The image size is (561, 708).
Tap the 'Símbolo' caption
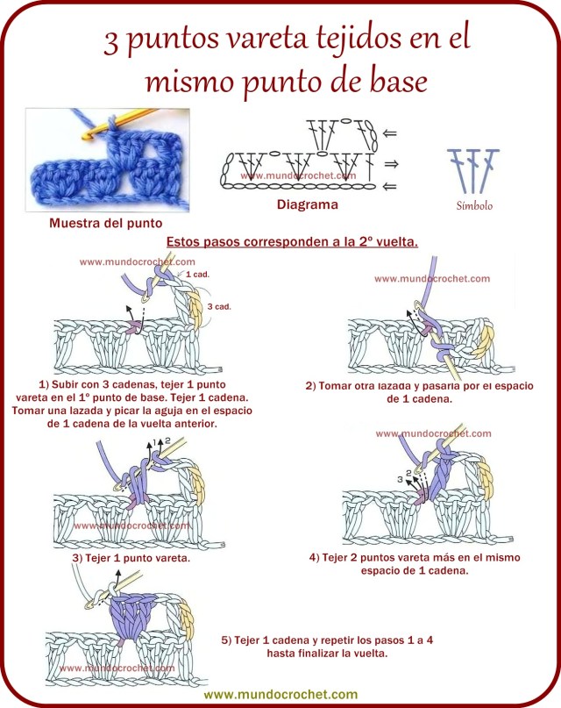(x=474, y=207)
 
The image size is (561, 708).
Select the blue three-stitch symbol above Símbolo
(x=473, y=170)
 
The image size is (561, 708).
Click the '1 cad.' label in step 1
(x=199, y=275)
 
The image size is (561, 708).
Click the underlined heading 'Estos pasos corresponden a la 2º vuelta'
(x=291, y=240)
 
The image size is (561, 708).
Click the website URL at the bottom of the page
(x=280, y=693)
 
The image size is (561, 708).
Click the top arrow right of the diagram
(x=390, y=134)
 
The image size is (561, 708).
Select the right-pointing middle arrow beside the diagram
(x=390, y=163)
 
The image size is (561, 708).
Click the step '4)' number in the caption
(x=315, y=557)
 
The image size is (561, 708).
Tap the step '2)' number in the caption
(x=310, y=385)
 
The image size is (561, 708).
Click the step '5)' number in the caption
(x=227, y=640)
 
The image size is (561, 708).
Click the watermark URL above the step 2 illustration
(x=432, y=279)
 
